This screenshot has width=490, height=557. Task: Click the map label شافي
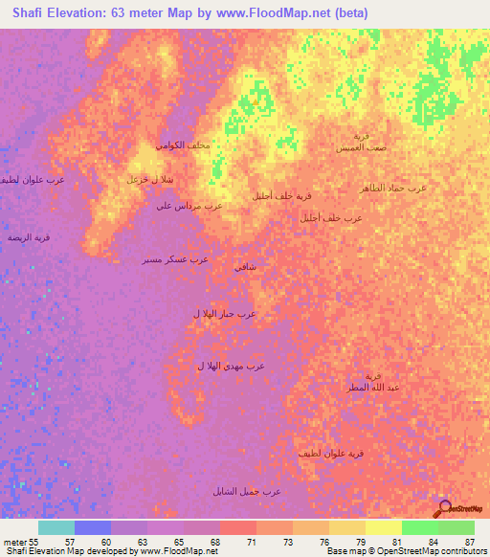pos(244,266)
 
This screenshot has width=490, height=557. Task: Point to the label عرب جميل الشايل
pos(247,491)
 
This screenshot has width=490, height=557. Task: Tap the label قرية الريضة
pos(28,236)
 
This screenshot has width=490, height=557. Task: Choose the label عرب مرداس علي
pos(189,205)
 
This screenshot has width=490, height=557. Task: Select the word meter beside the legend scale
pos(13,542)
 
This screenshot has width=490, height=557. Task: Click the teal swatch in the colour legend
pos(56,527)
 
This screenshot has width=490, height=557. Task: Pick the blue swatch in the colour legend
pos(93,527)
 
